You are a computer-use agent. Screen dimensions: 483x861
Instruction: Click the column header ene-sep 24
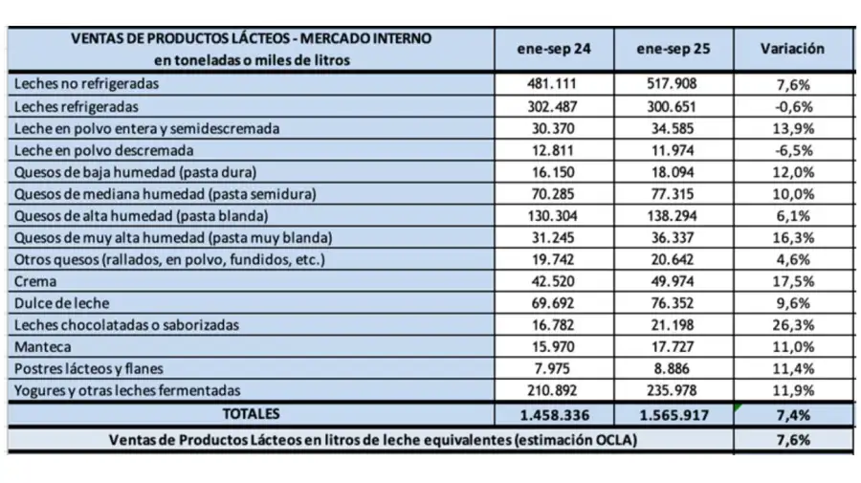pyautogui.click(x=554, y=49)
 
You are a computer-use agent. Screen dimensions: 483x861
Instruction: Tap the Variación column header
pyautogui.click(x=792, y=49)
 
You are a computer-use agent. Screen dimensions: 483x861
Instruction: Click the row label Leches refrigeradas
pyautogui.click(x=77, y=106)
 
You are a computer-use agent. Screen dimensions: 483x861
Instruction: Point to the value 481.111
pyautogui.click(x=554, y=84)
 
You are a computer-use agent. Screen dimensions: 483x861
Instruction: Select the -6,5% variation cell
pyautogui.click(x=792, y=150)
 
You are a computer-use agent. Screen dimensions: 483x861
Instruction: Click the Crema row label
pyautogui.click(x=35, y=281)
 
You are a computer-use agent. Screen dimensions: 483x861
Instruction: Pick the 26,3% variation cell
pyautogui.click(x=792, y=325)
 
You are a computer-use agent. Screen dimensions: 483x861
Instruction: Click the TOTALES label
pyautogui.click(x=252, y=414)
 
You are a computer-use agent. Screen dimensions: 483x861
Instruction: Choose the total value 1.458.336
pyautogui.click(x=554, y=415)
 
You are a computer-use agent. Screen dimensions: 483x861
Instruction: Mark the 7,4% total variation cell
pyautogui.click(x=792, y=415)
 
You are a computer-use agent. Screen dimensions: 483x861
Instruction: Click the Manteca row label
pyautogui.click(x=43, y=346)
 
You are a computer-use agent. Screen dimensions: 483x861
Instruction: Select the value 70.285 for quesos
pyautogui.click(x=554, y=194)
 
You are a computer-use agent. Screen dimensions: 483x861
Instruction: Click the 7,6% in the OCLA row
pyautogui.click(x=792, y=440)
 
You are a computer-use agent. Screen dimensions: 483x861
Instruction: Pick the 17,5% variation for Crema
pyautogui.click(x=792, y=281)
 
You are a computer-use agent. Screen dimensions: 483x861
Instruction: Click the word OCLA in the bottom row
pyautogui.click(x=612, y=440)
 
